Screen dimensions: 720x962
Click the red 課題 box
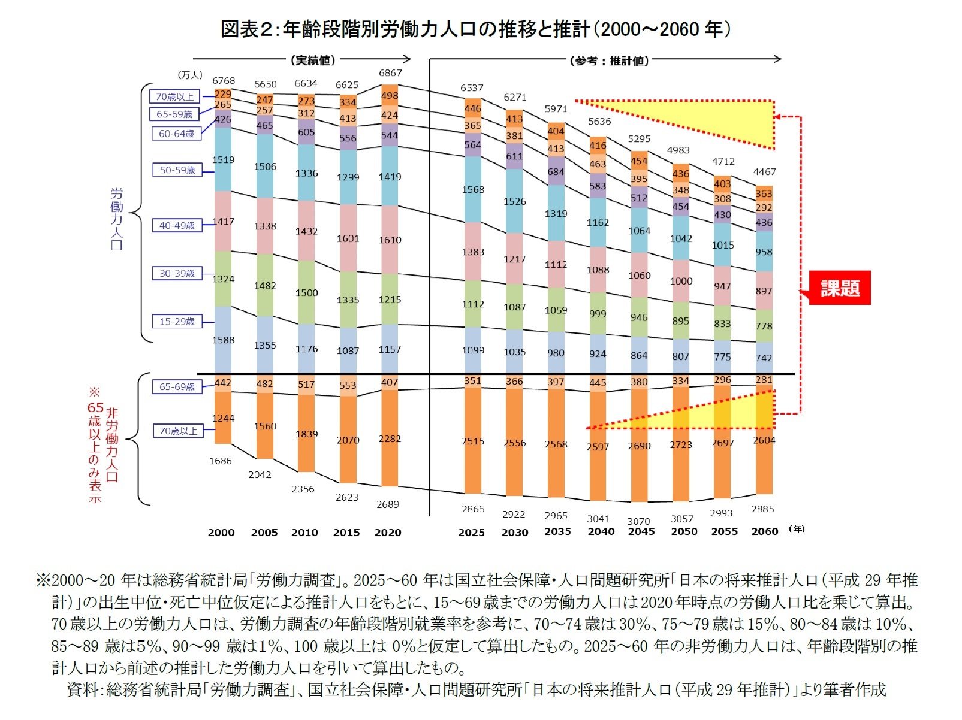click(839, 288)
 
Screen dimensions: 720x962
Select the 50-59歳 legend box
click(177, 170)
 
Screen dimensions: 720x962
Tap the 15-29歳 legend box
click(177, 322)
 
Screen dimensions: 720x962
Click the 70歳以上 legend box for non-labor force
click(177, 431)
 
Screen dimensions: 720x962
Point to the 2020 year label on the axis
click(388, 533)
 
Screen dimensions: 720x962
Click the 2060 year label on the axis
click(765, 531)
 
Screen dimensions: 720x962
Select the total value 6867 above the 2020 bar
click(390, 73)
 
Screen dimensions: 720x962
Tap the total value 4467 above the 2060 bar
click(764, 172)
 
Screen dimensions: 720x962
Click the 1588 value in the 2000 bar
click(223, 340)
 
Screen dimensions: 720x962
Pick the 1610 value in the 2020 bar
click(390, 240)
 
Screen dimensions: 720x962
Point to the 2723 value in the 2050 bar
click(681, 445)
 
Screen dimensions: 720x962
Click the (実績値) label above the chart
click(313, 60)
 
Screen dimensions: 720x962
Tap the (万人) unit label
click(190, 75)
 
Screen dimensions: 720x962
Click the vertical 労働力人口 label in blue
click(116, 219)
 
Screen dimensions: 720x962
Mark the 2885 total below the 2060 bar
click(762, 509)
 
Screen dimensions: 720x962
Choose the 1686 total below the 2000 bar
click(220, 461)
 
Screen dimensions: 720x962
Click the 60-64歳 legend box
click(176, 134)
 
